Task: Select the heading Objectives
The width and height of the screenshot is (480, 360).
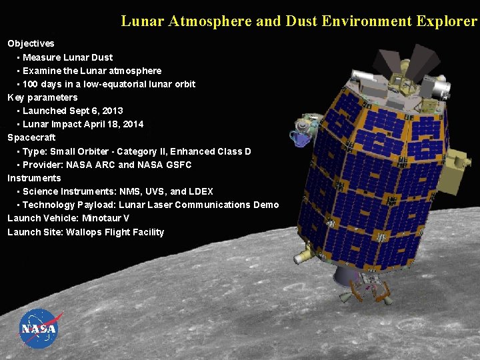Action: pyautogui.click(x=31, y=43)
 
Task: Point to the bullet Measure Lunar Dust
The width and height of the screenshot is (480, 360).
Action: pyautogui.click(x=67, y=57)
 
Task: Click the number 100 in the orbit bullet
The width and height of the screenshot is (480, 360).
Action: pyautogui.click(x=31, y=84)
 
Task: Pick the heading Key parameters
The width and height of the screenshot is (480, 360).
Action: pyautogui.click(x=42, y=97)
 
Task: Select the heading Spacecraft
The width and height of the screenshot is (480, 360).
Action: pyautogui.click(x=31, y=137)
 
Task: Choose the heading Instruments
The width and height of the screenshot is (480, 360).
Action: pyautogui.click(x=34, y=178)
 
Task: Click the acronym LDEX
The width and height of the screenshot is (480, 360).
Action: pyautogui.click(x=201, y=191)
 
